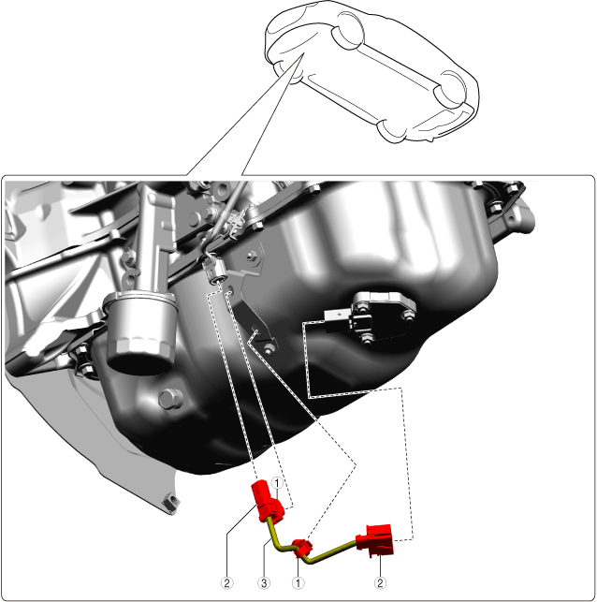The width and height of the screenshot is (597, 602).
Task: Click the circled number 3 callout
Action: point(264,582)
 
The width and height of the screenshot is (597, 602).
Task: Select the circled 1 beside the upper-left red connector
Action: point(277,483)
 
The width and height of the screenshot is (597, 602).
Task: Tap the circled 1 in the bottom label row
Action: point(298,582)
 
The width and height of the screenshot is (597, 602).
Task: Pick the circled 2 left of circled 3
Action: point(226,582)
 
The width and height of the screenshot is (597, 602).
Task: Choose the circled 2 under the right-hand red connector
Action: point(380,582)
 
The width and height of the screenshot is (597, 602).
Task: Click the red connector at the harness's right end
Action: point(375,540)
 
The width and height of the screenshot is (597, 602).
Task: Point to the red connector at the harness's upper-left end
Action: point(268,501)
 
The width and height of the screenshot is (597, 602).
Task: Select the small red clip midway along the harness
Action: point(303,549)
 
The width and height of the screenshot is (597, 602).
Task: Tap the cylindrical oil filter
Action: point(140,332)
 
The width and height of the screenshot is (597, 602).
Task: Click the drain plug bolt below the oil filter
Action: point(170,399)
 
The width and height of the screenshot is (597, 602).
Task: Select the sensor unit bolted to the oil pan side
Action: point(369,316)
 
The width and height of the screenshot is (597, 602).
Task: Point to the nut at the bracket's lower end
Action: point(269,348)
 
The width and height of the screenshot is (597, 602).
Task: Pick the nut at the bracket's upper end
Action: point(252,256)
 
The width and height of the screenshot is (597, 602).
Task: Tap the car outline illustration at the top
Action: point(371,72)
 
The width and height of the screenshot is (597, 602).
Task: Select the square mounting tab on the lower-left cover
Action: point(170,502)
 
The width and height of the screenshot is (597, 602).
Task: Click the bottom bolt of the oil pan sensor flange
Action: point(367,338)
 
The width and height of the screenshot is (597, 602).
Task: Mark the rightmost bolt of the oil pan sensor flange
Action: point(408,316)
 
